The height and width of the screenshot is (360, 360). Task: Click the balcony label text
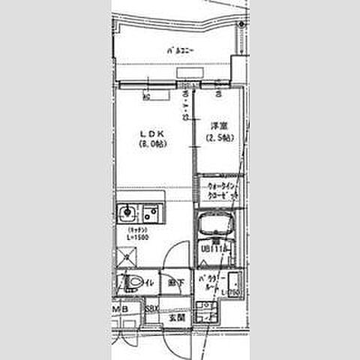[x=180, y=52]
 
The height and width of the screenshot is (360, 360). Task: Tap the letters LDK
[x=151, y=134]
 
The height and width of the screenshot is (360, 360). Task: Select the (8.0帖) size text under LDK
[x=152, y=144]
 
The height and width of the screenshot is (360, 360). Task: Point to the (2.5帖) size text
[x=218, y=139]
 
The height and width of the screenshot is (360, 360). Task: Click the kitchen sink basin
[x=127, y=213]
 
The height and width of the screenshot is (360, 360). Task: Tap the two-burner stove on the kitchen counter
[x=151, y=213]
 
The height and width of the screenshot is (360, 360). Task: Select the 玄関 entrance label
[x=177, y=318]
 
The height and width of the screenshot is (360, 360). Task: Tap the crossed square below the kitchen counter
[x=129, y=259]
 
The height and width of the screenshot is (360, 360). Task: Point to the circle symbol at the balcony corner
[x=241, y=24]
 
